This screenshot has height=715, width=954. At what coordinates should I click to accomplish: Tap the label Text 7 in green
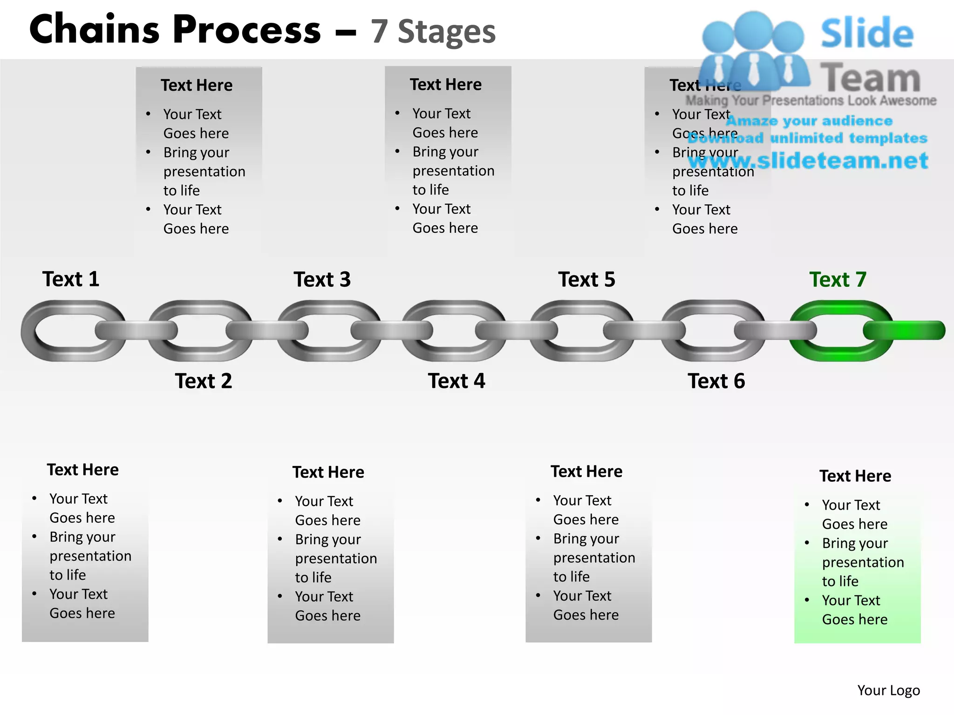(x=838, y=280)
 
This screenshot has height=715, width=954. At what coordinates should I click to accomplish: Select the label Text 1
(x=71, y=279)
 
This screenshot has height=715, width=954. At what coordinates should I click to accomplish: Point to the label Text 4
(x=457, y=381)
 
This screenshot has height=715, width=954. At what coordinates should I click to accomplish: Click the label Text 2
(x=204, y=381)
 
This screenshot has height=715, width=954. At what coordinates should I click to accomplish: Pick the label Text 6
(x=716, y=381)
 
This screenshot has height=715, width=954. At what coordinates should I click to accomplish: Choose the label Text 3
(x=322, y=280)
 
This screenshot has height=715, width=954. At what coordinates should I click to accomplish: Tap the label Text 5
(x=586, y=280)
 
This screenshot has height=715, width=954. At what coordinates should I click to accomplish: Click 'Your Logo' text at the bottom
(x=888, y=690)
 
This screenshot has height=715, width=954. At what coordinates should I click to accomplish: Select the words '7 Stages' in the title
(x=433, y=32)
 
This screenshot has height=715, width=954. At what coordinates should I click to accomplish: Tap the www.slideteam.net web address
(x=808, y=161)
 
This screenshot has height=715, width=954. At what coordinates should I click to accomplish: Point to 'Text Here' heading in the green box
(x=855, y=476)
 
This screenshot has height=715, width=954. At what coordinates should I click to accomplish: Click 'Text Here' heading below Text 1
(x=83, y=470)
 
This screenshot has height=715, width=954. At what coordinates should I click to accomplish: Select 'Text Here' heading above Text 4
(x=446, y=85)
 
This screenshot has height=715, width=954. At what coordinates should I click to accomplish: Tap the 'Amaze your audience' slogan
(x=809, y=121)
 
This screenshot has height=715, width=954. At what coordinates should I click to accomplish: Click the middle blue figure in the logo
(x=753, y=51)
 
